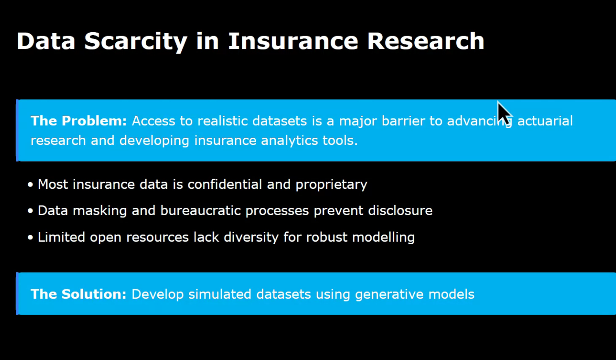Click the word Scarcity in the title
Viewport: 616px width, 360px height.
point(136,41)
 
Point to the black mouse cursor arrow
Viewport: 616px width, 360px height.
point(504,113)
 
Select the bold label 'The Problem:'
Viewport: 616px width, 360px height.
point(78,121)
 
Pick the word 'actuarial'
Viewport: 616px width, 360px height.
point(545,121)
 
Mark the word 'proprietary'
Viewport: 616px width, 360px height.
point(331,184)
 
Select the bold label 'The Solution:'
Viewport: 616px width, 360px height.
point(78,294)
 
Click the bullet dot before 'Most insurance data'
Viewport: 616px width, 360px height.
point(30,184)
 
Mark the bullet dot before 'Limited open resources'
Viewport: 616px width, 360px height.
point(30,238)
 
